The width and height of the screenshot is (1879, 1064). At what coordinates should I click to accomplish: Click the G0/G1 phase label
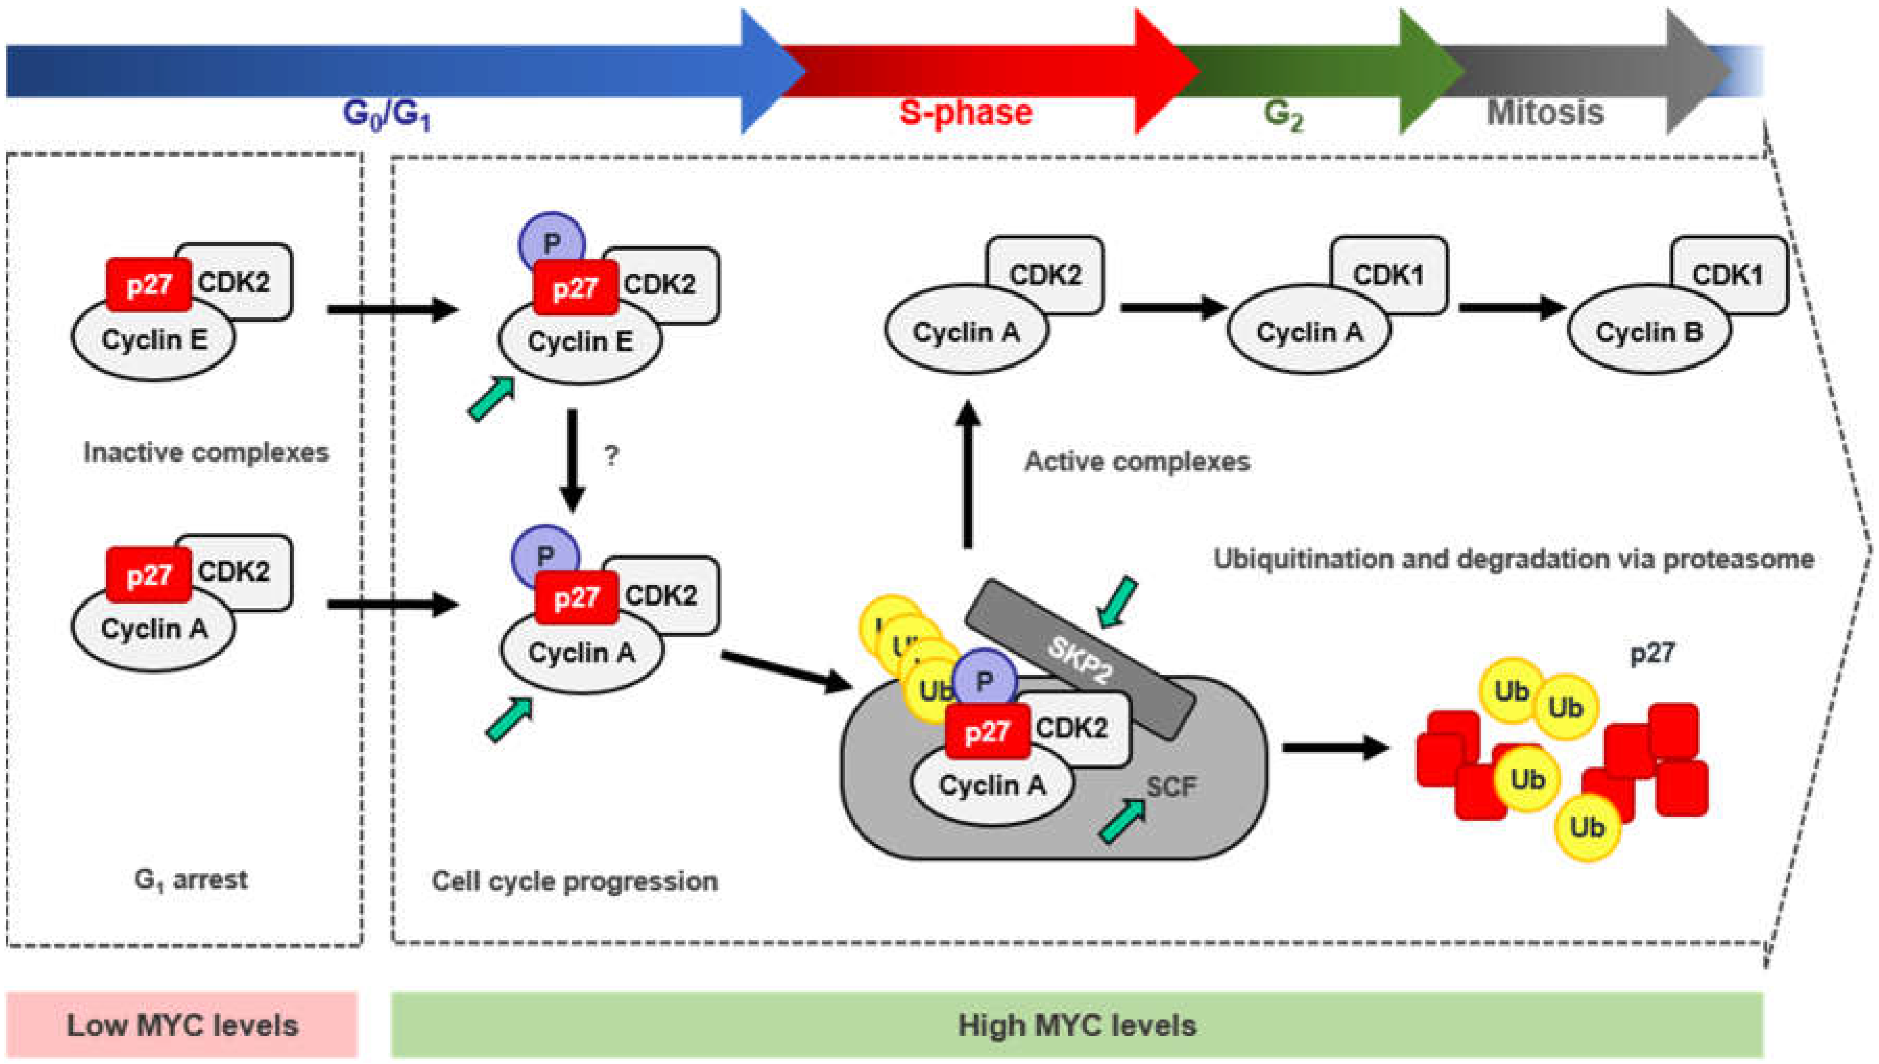(386, 115)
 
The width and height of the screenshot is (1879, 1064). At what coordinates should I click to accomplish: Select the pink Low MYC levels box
(182, 1024)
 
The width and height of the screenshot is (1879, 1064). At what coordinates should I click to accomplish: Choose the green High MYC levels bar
(1077, 1024)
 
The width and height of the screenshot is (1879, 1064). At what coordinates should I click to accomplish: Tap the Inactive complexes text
(206, 452)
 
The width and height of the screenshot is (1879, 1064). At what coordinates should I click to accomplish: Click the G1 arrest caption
(191, 879)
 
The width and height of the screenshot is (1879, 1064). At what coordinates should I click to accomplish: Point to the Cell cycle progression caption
(574, 881)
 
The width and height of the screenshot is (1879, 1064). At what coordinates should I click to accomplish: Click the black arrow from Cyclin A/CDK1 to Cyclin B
(1511, 308)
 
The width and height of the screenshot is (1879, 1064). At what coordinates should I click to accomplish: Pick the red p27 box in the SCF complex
(987, 731)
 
